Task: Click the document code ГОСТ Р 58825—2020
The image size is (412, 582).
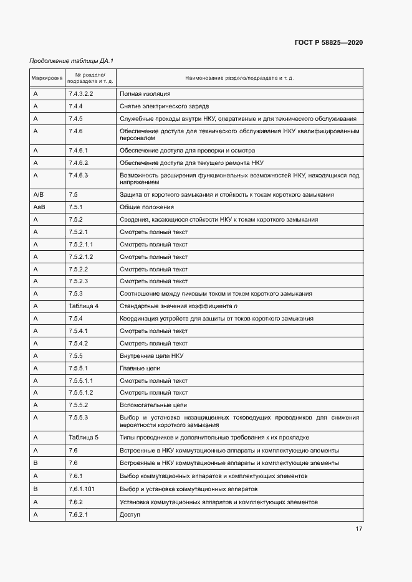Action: tap(328, 43)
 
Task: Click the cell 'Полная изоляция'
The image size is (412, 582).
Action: tap(145, 93)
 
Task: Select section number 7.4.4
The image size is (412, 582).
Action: tap(75, 106)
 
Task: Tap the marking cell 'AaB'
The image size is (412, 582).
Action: tap(39, 207)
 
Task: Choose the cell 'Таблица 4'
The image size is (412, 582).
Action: tap(84, 306)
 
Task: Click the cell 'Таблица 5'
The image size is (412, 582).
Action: tap(84, 437)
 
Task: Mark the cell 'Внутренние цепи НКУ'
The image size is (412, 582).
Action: tap(151, 355)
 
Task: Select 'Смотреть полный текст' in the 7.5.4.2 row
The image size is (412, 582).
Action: tap(153, 343)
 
